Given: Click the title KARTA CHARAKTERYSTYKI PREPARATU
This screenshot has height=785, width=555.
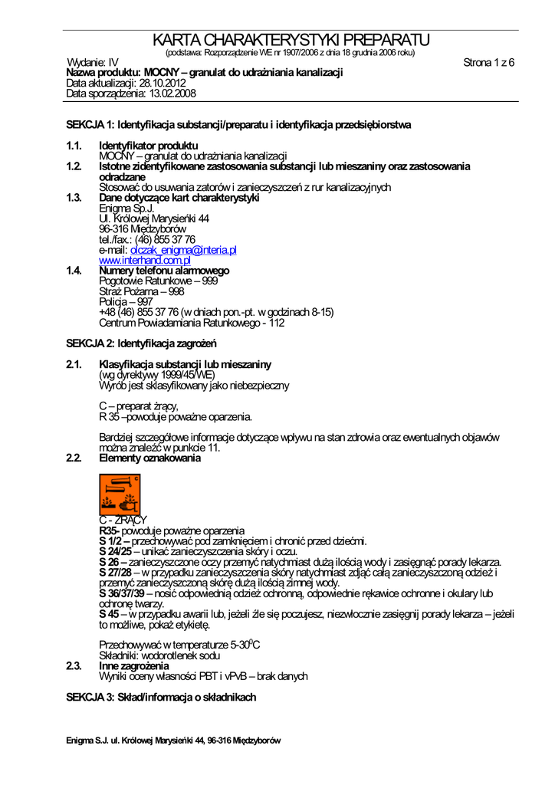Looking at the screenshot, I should (291, 40).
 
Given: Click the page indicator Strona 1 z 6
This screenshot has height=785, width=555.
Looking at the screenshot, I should (488, 63).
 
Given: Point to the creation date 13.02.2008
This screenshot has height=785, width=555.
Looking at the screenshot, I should (172, 94).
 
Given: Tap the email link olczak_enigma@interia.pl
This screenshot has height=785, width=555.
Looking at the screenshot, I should (183, 250).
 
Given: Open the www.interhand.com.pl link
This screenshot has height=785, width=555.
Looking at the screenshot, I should (145, 261).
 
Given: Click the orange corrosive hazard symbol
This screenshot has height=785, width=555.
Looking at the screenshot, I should (120, 494).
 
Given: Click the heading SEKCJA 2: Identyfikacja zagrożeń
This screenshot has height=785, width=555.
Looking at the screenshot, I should (142, 343).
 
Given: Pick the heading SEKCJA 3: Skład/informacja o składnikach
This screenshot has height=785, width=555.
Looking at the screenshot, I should (161, 698).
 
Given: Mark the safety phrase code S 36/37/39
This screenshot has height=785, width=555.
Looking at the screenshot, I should (122, 593).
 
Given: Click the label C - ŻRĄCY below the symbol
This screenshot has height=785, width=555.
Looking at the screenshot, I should (123, 521).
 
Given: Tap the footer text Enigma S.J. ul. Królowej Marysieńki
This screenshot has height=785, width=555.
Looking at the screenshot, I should (173, 741).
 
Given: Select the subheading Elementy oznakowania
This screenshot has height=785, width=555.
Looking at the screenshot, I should (150, 458).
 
